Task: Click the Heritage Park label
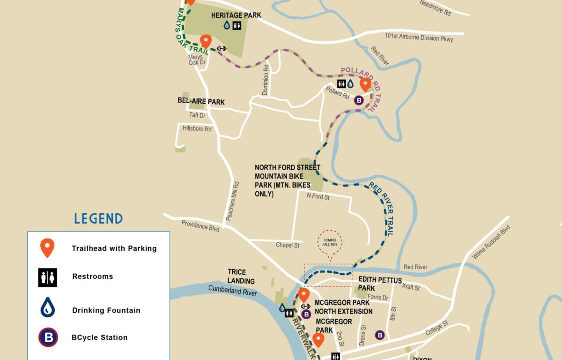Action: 236,15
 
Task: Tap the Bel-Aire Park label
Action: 201,102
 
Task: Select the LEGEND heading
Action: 98,218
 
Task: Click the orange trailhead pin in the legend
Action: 47,248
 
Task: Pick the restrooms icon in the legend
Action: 48,277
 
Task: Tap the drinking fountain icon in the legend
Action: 48,307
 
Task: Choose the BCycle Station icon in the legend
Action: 48,337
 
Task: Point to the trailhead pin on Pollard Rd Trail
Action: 365,84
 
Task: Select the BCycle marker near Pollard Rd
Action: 359,100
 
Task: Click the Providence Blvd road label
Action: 200,226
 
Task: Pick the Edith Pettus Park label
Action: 380,284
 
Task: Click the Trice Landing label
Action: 241,277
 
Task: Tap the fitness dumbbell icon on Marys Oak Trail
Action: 221,48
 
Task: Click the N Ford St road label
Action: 318,197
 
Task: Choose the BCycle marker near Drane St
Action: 380,335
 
